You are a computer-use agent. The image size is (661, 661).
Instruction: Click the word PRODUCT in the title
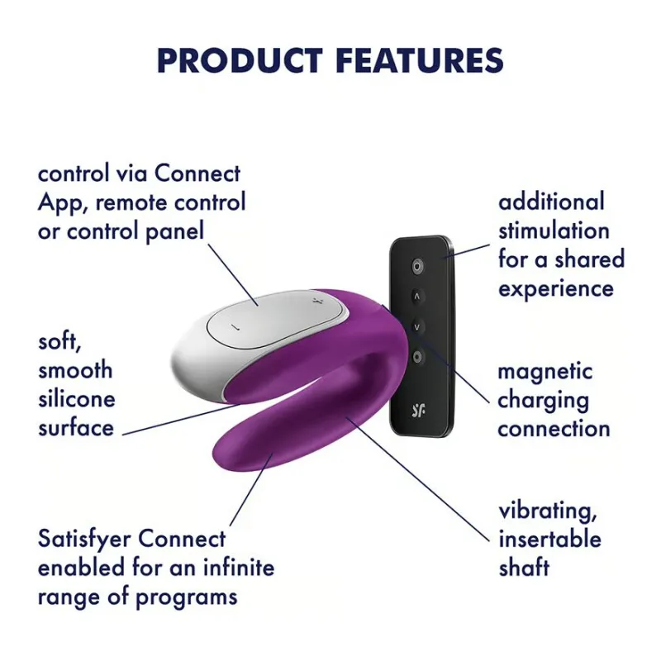point(234,60)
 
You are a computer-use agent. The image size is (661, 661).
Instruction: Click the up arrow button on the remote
point(417,295)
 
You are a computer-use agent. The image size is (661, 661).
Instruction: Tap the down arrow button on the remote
point(417,326)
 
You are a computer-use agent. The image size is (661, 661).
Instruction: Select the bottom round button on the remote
point(417,356)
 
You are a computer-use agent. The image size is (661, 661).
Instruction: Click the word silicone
point(76,399)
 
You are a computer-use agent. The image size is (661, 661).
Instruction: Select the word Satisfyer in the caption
point(85,540)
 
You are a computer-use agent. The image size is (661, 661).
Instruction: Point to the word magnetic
point(544,372)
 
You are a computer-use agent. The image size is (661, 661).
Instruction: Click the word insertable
point(549,540)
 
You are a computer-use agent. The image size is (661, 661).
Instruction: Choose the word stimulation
point(554,231)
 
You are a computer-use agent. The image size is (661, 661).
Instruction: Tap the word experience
point(555,288)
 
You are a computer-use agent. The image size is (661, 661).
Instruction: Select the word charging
point(543,401)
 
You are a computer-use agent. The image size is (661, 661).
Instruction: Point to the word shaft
point(524,568)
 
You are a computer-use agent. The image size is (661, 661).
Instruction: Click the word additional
point(551,202)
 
